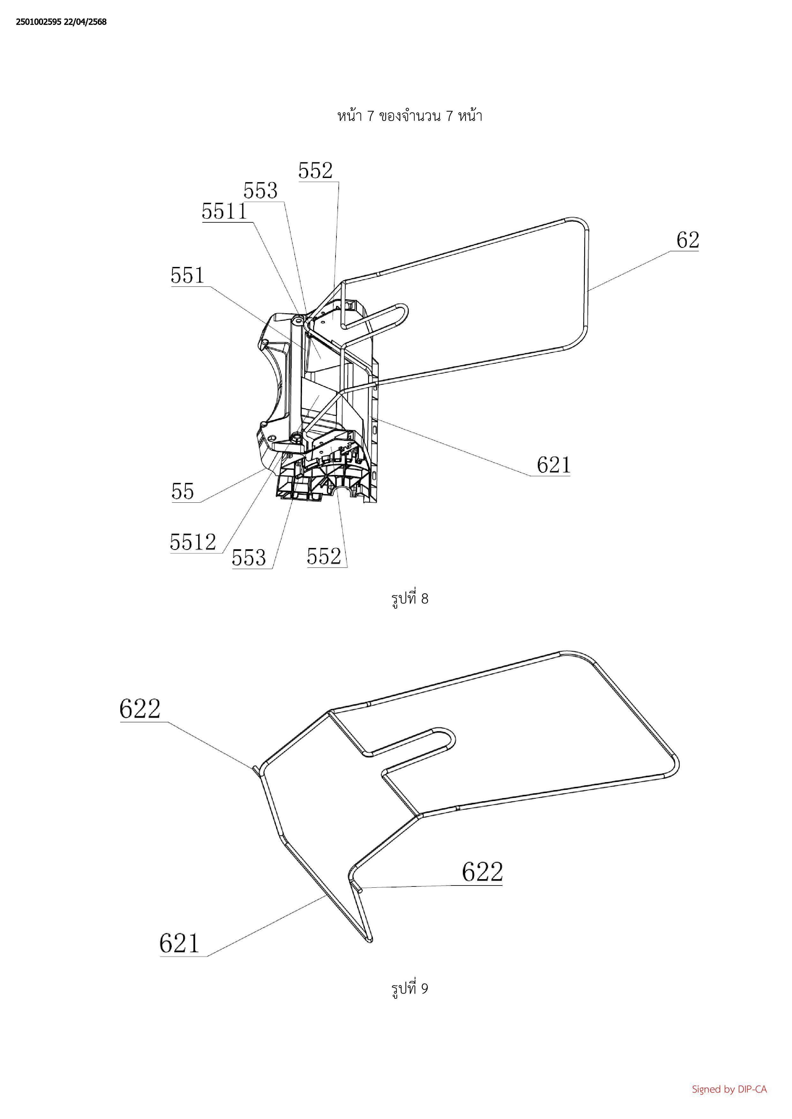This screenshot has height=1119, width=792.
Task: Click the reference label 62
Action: click(x=688, y=240)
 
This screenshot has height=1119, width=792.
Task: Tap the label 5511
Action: click(x=225, y=211)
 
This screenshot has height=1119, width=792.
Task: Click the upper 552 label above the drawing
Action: click(x=315, y=171)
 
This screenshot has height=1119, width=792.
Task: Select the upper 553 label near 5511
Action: click(x=260, y=190)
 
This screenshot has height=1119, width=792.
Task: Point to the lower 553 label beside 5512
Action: click(x=249, y=558)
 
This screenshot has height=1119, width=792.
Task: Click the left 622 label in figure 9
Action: click(x=140, y=709)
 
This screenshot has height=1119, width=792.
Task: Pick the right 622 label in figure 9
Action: click(x=482, y=871)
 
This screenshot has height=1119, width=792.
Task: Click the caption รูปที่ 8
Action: click(x=410, y=598)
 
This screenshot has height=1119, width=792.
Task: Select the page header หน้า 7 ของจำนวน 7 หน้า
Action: click(x=410, y=116)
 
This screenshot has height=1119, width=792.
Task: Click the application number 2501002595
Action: click(x=39, y=22)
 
